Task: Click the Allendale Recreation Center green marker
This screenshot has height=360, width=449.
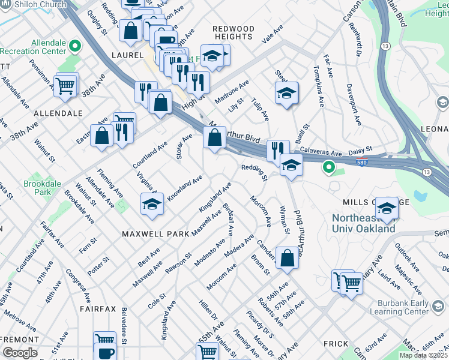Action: (74, 46)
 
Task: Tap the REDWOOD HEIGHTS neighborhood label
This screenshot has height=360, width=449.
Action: (234, 33)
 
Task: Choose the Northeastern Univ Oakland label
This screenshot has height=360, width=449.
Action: (364, 223)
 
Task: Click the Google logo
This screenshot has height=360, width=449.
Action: (20, 353)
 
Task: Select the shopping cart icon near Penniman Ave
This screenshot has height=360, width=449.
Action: (65, 85)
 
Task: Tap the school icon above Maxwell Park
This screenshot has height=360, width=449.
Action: (152, 204)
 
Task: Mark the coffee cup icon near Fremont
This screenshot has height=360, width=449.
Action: (106, 353)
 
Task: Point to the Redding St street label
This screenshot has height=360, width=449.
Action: (255, 172)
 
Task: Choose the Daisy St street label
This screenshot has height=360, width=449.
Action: (361, 148)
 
